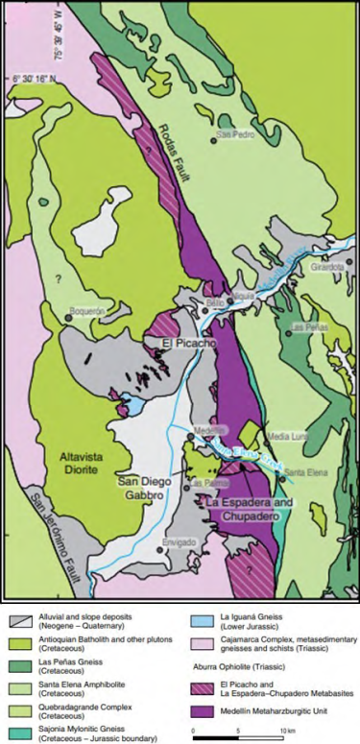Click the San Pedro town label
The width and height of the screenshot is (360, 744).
tap(236, 134)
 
